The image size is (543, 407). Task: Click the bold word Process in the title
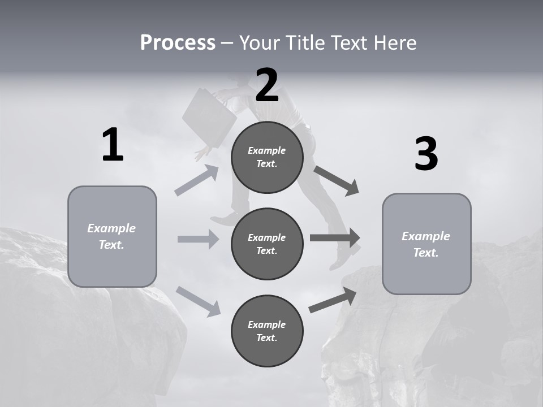click(178, 42)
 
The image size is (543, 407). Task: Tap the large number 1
click(113, 145)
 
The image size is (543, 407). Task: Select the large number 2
click(267, 85)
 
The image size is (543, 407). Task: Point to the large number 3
click(426, 154)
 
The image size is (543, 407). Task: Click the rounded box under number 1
click(112, 236)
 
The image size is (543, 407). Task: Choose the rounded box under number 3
click(426, 244)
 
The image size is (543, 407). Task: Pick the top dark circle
click(267, 157)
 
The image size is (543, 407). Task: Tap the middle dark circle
click(267, 244)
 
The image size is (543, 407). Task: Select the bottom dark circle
click(267, 331)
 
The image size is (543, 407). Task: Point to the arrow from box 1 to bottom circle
click(198, 301)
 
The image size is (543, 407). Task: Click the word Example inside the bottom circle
click(267, 324)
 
